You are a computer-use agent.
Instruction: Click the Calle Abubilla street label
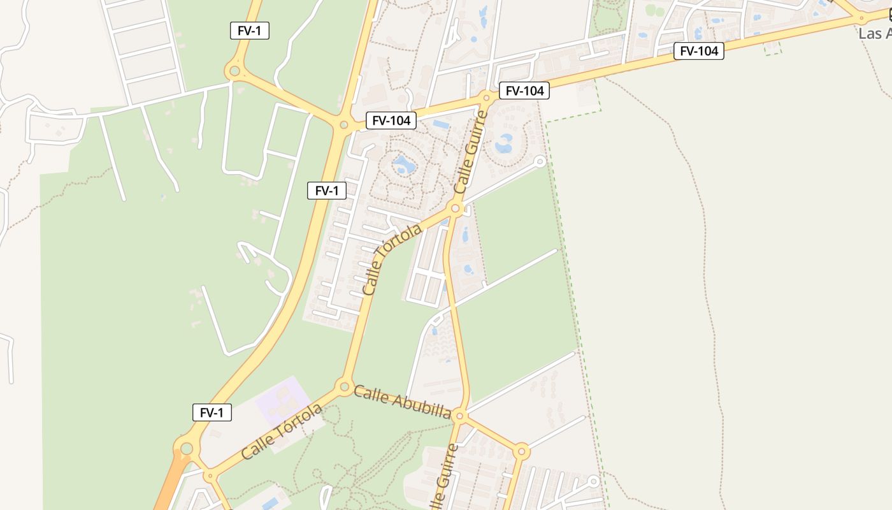click(x=402, y=402)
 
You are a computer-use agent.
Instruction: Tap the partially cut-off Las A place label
click(x=874, y=33)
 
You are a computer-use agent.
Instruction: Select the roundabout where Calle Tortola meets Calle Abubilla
click(x=345, y=386)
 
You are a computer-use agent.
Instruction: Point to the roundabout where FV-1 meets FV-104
click(x=344, y=125)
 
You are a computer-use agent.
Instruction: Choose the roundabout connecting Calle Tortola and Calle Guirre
click(x=456, y=208)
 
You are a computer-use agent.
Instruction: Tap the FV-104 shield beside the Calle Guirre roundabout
click(x=524, y=91)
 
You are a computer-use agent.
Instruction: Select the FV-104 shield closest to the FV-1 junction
click(x=391, y=120)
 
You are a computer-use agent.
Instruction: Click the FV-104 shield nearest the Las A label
click(x=698, y=51)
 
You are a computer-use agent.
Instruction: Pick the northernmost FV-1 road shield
click(x=249, y=31)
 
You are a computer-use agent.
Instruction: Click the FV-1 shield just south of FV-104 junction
click(x=326, y=190)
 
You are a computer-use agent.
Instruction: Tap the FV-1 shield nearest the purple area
click(x=212, y=412)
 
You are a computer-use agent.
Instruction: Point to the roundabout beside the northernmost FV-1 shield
click(x=234, y=71)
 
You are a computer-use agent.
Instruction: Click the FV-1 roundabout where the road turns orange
click(x=186, y=449)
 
